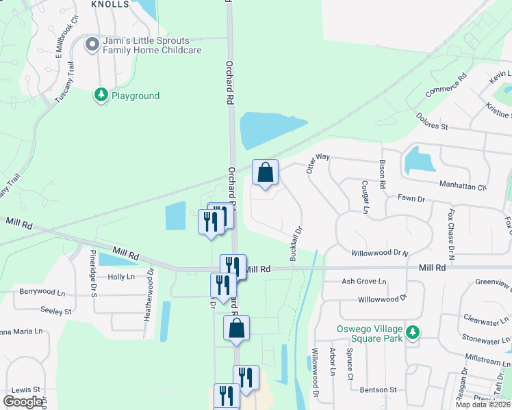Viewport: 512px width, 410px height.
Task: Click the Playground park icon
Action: (101, 95)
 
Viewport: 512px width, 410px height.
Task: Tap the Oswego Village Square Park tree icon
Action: (411, 333)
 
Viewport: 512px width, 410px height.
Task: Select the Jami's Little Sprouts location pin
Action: (92, 45)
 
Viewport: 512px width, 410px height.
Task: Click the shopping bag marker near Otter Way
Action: (265, 173)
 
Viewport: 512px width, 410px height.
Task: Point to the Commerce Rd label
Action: (446, 84)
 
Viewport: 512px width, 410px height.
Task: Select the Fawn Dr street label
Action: (411, 199)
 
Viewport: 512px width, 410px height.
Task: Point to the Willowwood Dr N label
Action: (379, 253)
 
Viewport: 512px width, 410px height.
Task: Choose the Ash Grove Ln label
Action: (364, 282)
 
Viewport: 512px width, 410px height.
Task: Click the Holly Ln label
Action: (121, 277)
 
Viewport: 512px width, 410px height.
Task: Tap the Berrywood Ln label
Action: (45, 291)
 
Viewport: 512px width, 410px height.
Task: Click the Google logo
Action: (23, 402)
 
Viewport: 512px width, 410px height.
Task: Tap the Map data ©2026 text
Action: (483, 405)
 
